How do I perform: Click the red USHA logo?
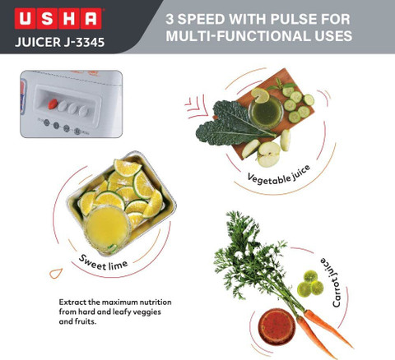tap(58, 18)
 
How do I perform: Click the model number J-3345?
tap(84, 42)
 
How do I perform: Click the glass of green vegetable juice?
tap(266, 111)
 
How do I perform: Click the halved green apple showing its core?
tap(268, 155)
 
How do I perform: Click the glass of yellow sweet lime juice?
tap(108, 227)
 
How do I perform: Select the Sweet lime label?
tap(103, 263)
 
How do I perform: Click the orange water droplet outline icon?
tap(56, 273)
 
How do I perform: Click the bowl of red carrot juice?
tap(276, 327)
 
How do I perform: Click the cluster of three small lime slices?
tap(310, 284)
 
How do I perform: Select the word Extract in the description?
tap(72, 302)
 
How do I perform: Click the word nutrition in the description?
tap(156, 302)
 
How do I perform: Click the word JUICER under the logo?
tap(38, 42)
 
